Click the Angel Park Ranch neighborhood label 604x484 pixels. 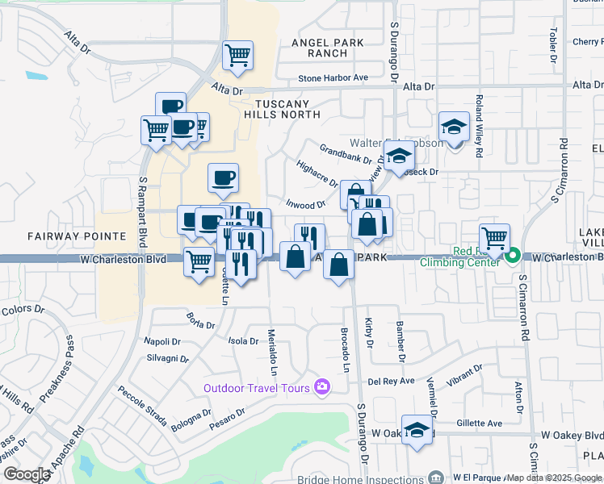pos(328,48)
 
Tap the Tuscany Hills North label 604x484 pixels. pos(282,109)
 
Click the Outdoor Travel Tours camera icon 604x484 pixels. pos(323,388)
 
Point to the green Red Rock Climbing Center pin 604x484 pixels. pos(513,258)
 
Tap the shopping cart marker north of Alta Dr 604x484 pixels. pos(238,56)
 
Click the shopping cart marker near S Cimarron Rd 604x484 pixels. pos(494,239)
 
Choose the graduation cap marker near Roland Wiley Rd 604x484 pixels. pos(455,127)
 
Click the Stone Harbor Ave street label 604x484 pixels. pos(333,78)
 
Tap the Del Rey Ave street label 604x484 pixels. pos(391,381)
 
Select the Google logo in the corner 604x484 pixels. pos(26,474)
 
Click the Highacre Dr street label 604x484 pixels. pos(317,173)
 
